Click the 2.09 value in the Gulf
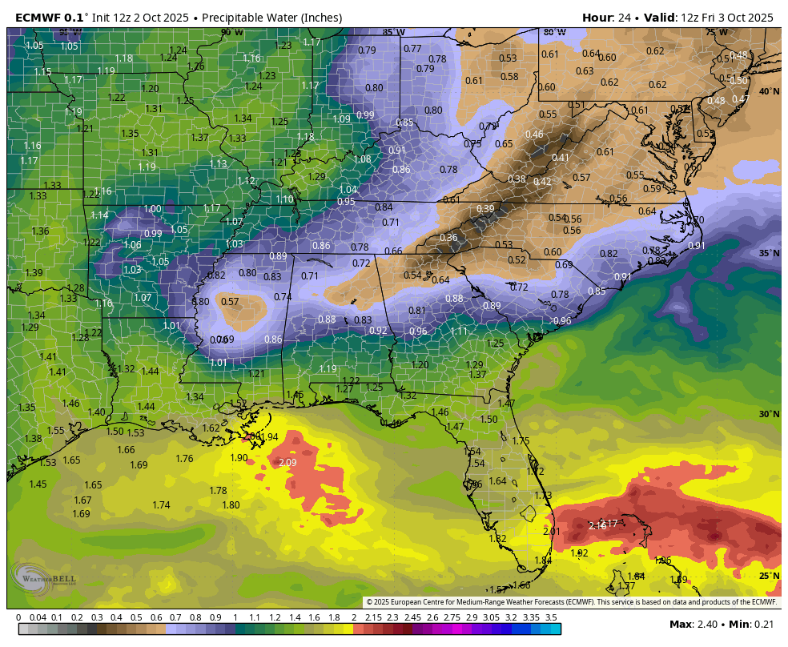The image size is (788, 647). pos(287,463)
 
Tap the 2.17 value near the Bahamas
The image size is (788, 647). pos(609,523)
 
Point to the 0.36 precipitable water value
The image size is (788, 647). pos(448,238)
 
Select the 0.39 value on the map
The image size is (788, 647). pos(485,209)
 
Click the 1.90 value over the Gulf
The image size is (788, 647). pos(239,458)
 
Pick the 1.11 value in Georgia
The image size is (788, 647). pos(458,332)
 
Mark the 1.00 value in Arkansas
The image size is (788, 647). pos(152,209)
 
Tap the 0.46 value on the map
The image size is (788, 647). pos(534,135)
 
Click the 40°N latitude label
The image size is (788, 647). pos(769,92)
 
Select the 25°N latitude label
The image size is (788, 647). pos(769,576)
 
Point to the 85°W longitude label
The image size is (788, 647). pos(392,33)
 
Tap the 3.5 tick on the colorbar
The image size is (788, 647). pos(551,617)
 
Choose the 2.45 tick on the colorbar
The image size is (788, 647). pos(412,617)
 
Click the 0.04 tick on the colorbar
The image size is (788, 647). pos(37,617)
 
